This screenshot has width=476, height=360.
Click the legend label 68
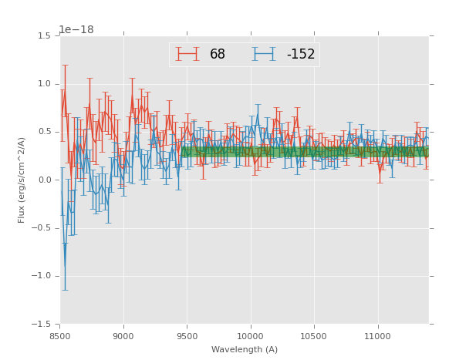pyautogui.click(x=218, y=55)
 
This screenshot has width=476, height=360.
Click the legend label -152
pyautogui.click(x=301, y=55)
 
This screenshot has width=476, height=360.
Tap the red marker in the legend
pyautogui.click(x=187, y=54)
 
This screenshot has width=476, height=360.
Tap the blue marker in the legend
pyautogui.click(x=264, y=54)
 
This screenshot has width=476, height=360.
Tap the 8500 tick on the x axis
pyautogui.click(x=60, y=336)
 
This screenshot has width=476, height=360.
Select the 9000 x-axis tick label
pyautogui.click(x=123, y=336)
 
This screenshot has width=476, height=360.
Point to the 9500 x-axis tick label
pyautogui.click(x=187, y=336)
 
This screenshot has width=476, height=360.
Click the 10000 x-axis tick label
pyautogui.click(x=251, y=336)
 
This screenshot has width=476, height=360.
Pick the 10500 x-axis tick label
pyautogui.click(x=315, y=336)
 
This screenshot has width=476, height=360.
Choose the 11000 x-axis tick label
pyautogui.click(x=378, y=336)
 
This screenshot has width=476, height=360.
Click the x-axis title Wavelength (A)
pyautogui.click(x=244, y=350)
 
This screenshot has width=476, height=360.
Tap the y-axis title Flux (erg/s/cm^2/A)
pyautogui.click(x=22, y=180)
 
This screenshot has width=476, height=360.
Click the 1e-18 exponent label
pyautogui.click(x=76, y=29)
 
